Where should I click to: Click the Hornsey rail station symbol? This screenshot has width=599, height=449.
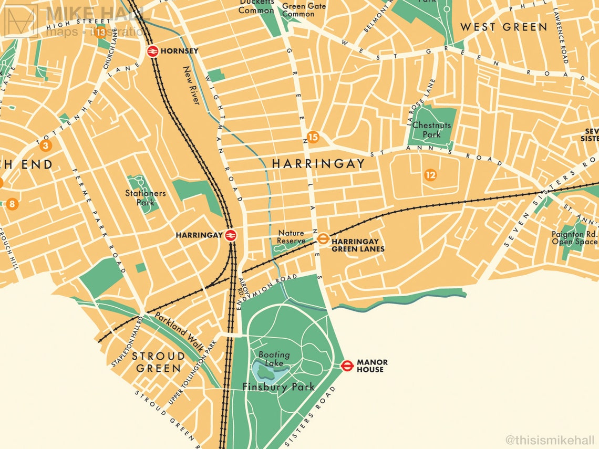pos(153,51)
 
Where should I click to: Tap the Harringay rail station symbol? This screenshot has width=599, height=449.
pos(230,235)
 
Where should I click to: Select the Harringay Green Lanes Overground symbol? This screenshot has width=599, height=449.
pos(323,239)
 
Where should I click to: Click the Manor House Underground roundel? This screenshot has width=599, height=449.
pos(347,366)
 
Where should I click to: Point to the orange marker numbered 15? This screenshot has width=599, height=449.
pos(313,138)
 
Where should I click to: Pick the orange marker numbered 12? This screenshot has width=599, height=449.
pos(430,175)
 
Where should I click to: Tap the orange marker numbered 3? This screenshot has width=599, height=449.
pos(46,146)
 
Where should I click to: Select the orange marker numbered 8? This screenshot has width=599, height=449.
pos(12,204)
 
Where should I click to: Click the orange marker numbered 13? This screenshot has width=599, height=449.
pos(100,32)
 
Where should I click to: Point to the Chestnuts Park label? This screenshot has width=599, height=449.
pos(431,130)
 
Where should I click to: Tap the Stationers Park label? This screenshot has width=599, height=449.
pos(146,197)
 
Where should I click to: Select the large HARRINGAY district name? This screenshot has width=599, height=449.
pos(318,164)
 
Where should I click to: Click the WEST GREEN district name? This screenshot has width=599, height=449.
pos(503,27)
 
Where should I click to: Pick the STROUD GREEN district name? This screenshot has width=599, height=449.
pos(158,362)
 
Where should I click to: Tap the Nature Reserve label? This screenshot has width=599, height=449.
pos(291,237)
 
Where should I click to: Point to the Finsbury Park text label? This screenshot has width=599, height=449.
pos(278,387)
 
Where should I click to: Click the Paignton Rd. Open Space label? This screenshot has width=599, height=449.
pos(574,238)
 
